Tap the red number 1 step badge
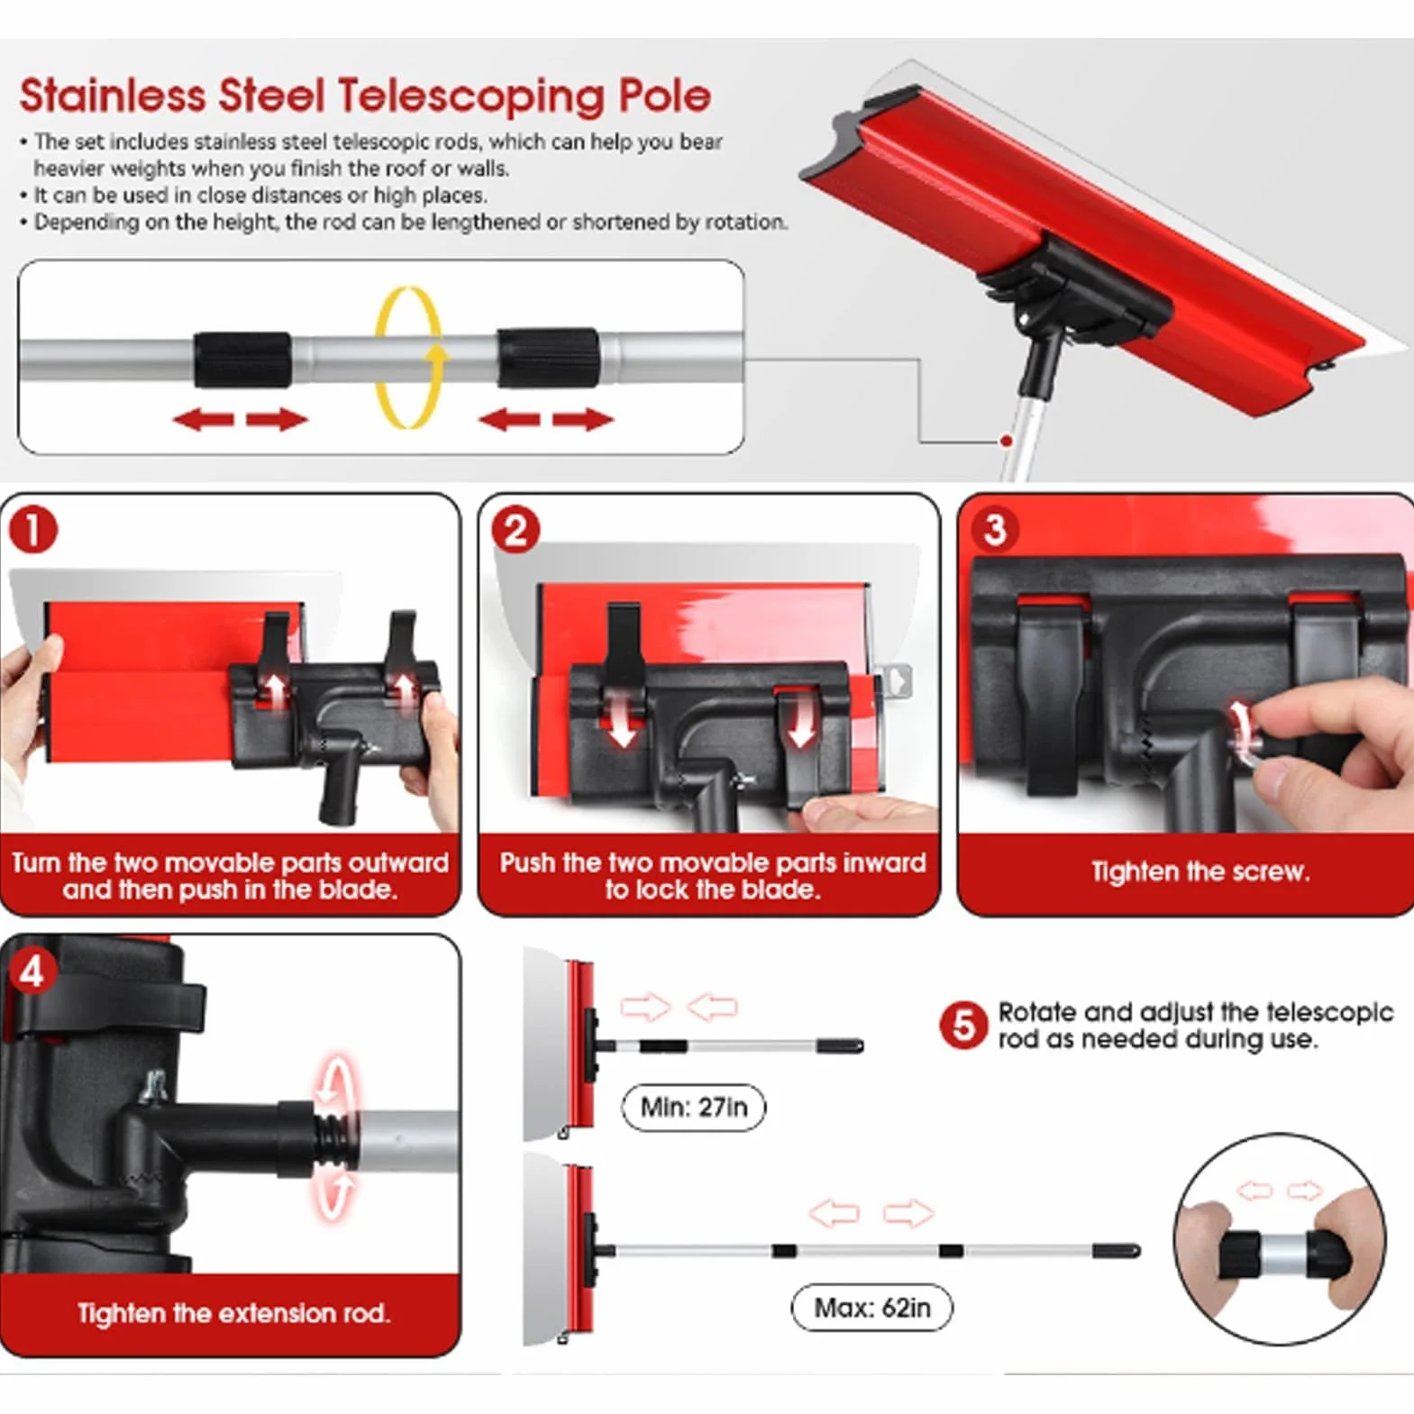(33, 530)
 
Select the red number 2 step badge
(515, 530)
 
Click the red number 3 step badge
(995, 530)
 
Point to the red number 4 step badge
(32, 972)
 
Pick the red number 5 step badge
(963, 1026)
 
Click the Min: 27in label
(694, 1107)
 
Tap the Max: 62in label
(871, 1307)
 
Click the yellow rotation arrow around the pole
(408, 357)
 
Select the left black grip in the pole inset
(242, 360)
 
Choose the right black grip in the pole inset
(547, 358)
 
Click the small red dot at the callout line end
(1006, 441)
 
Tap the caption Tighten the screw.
(1200, 871)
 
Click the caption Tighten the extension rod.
(233, 1312)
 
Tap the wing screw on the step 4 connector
(157, 1085)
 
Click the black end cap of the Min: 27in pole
(841, 1045)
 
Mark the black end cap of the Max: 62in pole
(1118, 1251)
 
